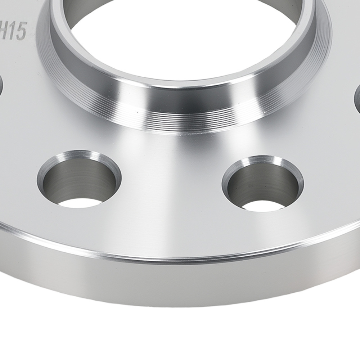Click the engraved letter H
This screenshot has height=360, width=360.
point(6,32)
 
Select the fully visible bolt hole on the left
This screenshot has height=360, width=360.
point(79,180)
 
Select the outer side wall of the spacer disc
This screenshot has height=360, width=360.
point(180,284)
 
